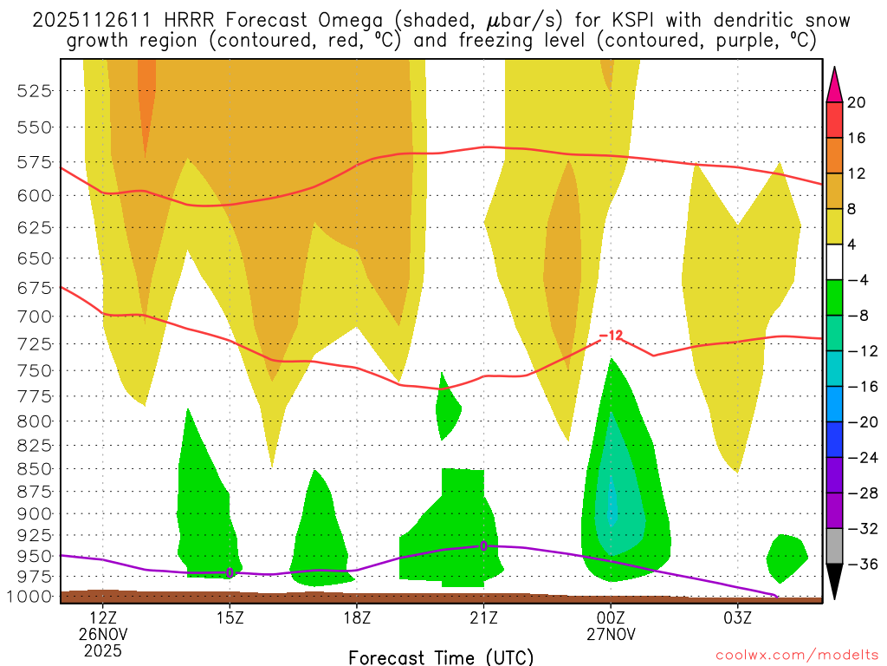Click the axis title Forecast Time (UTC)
(441, 657)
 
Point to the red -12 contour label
(611, 336)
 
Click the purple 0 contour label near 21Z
(483, 545)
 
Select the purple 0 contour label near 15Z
(230, 572)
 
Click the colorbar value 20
(857, 102)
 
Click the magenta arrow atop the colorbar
(835, 83)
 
